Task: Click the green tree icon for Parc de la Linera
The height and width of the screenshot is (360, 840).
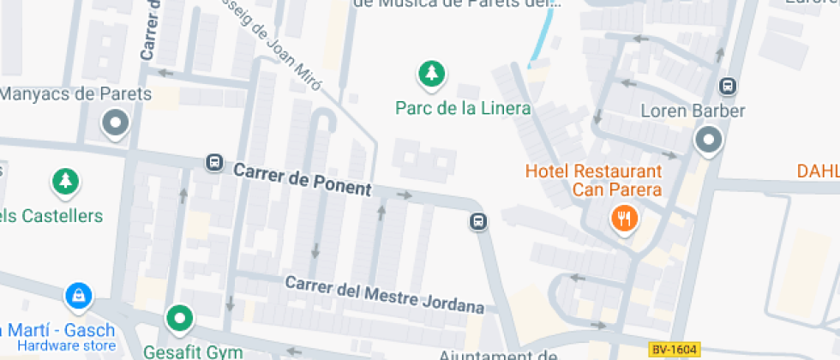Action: click(x=431, y=75)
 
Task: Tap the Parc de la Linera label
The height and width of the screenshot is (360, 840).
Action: click(x=463, y=109)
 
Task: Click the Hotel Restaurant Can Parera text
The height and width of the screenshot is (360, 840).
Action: click(x=593, y=180)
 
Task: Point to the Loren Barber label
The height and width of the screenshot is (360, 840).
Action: click(x=693, y=111)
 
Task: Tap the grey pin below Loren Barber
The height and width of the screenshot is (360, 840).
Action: click(x=709, y=141)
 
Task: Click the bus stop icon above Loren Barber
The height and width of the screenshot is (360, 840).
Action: click(x=727, y=86)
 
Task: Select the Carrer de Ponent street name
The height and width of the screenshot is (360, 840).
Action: click(x=303, y=179)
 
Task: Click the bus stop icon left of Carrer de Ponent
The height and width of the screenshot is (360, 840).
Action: click(x=213, y=162)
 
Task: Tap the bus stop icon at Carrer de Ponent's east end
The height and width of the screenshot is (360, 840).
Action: click(x=478, y=222)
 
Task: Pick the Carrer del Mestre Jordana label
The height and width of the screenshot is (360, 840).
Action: click(x=385, y=294)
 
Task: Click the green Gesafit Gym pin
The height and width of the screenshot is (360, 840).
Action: click(x=179, y=320)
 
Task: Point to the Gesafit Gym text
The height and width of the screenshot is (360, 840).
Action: click(x=193, y=351)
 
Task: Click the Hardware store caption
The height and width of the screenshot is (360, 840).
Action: click(x=66, y=346)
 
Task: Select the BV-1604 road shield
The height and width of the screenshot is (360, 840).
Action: click(x=674, y=349)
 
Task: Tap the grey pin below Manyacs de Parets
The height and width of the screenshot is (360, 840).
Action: click(x=114, y=124)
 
